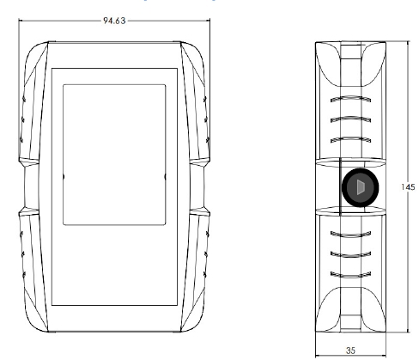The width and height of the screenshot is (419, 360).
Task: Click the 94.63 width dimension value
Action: point(114,21)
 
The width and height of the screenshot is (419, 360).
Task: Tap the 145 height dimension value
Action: point(408,187)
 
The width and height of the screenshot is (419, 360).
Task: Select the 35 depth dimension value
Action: point(350,351)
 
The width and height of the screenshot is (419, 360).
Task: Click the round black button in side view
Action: point(361,187)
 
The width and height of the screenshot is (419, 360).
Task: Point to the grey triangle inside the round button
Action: point(361,187)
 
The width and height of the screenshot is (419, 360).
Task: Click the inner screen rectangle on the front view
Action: point(114,155)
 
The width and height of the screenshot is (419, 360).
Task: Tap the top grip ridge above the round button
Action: point(350,99)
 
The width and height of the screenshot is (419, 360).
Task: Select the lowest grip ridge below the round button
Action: point(350,275)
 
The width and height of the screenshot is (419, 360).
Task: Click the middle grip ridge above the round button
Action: point(350,119)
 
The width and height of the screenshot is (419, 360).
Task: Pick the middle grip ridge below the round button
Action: point(350,254)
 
